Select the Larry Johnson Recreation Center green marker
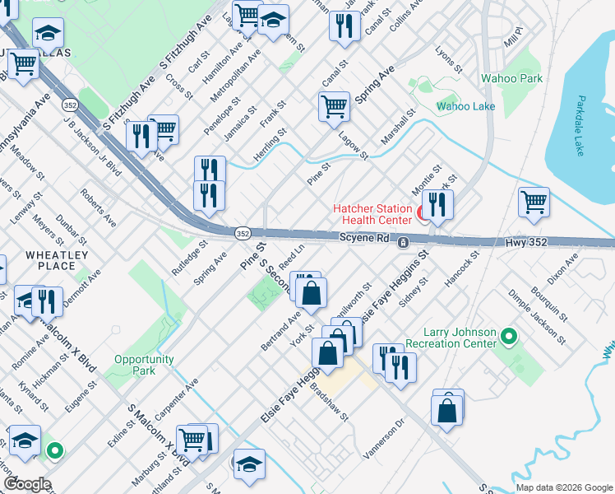[508, 336]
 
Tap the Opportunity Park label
[144, 365]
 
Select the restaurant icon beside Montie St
[437, 204]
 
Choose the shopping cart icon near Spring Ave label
[334, 105]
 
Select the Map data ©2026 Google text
[563, 487]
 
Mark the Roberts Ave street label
[98, 208]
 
